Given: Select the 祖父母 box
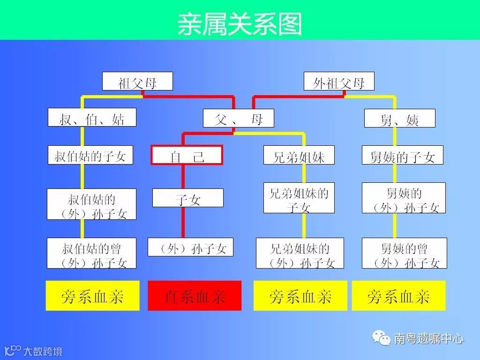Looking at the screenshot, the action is (x=137, y=82).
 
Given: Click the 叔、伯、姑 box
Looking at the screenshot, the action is (x=92, y=118).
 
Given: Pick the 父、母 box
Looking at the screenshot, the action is (x=238, y=118).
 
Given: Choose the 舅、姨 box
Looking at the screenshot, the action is (x=399, y=119).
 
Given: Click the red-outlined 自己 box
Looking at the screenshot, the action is (x=187, y=155).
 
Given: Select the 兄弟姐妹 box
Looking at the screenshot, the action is (x=299, y=155).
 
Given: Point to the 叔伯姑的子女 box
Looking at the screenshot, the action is (x=90, y=155).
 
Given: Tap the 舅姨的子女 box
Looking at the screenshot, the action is (x=402, y=155).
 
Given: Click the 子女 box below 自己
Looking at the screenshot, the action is (x=187, y=198).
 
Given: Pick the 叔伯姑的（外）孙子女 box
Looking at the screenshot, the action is (x=92, y=204).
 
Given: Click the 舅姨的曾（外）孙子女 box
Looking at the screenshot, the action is (x=404, y=253).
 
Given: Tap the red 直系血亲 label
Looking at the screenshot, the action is (x=195, y=296).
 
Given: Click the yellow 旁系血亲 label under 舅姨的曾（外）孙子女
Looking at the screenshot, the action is (x=398, y=296).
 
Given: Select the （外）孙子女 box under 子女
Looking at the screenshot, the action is (x=190, y=247).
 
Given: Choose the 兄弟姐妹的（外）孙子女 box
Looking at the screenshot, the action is (x=300, y=253).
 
